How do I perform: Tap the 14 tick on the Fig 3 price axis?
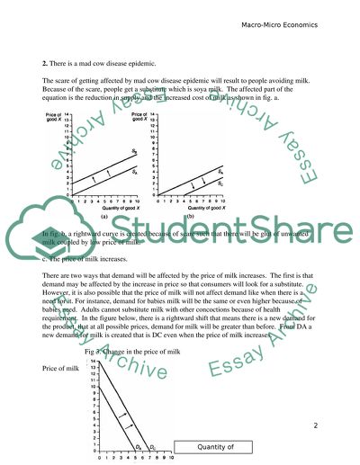point(87,362)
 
